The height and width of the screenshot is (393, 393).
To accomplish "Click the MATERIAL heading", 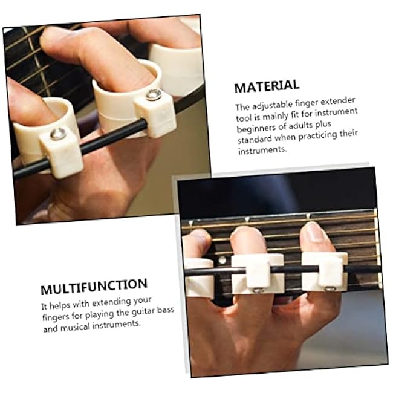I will (267, 86).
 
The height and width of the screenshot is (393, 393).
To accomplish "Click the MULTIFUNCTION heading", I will (94, 284).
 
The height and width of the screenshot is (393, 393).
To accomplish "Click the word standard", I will (255, 139).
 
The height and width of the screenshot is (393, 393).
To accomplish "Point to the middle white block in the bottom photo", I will (257, 271).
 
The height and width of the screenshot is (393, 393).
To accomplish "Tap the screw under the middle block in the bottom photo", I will (257, 290).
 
